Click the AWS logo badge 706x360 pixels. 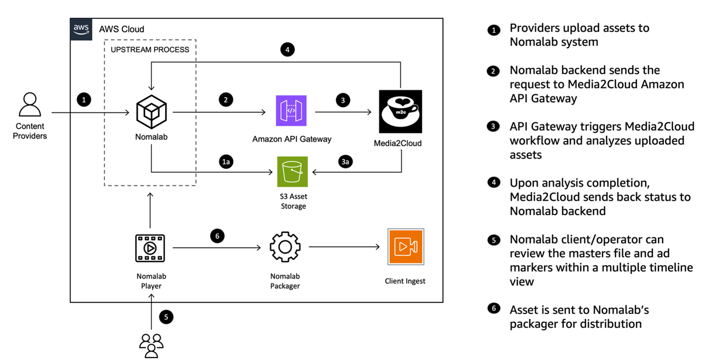pos(81,29)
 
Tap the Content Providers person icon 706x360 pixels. pos(30,104)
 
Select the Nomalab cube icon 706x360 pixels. pos(151,111)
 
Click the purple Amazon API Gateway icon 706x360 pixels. pos(291,112)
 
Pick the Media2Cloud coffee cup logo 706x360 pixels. pos(400,112)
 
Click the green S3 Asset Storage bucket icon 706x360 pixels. pos(293,172)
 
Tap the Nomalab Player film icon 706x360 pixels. pos(150,247)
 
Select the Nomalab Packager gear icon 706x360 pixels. pos(285,247)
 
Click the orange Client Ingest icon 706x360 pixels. pos(405,247)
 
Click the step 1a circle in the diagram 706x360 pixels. pos(226,162)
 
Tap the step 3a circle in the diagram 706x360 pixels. pos(345,162)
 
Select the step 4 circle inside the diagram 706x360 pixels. pos(287,50)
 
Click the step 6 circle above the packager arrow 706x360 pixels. pos(217,236)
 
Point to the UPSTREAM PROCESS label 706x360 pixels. pos(150,50)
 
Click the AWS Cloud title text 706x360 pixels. pos(122,29)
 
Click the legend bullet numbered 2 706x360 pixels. pos(494,72)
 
